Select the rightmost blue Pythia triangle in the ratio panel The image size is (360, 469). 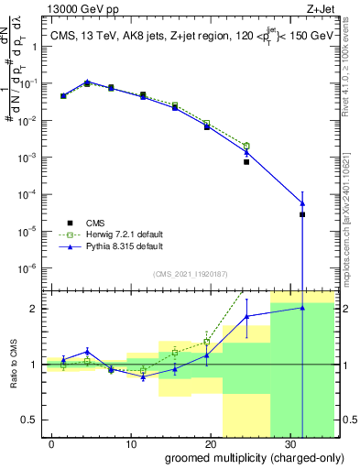(302, 308)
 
